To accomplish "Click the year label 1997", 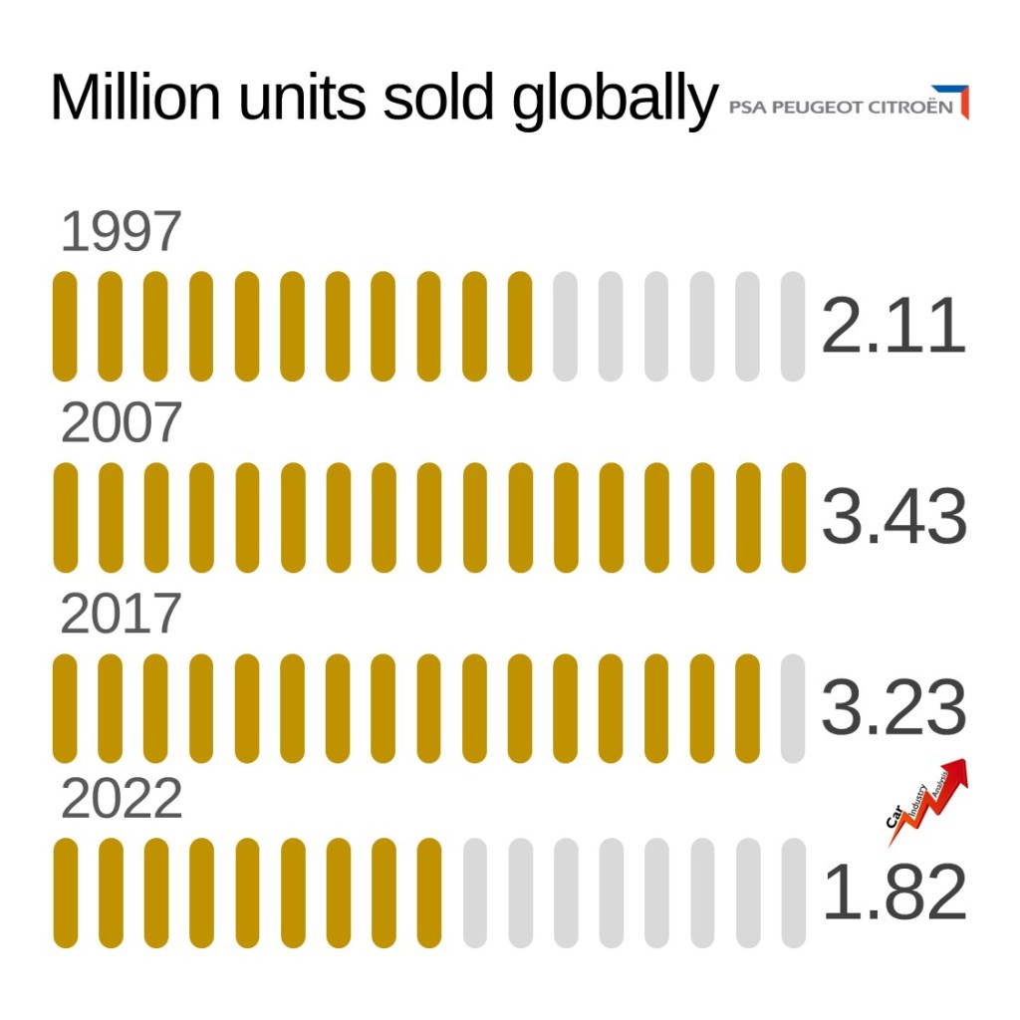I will pyautogui.click(x=121, y=232).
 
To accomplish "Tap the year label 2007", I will pyautogui.click(x=121, y=423).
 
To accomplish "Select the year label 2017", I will pyautogui.click(x=121, y=614).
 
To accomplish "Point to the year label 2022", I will pyautogui.click(x=121, y=800).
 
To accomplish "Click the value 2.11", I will pyautogui.click(x=893, y=327).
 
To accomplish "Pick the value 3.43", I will pyautogui.click(x=893, y=518).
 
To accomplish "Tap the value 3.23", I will pyautogui.click(x=893, y=708).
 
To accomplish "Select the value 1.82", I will pyautogui.click(x=893, y=893).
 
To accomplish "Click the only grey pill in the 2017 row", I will pyautogui.click(x=793, y=708).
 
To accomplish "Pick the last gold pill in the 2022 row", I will pyautogui.click(x=429, y=893).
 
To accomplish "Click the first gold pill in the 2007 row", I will pyautogui.click(x=65, y=518).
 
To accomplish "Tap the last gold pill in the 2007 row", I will pyautogui.click(x=793, y=518).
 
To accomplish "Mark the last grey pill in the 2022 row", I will pyautogui.click(x=793, y=893).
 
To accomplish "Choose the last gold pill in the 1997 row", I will pyautogui.click(x=520, y=327).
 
